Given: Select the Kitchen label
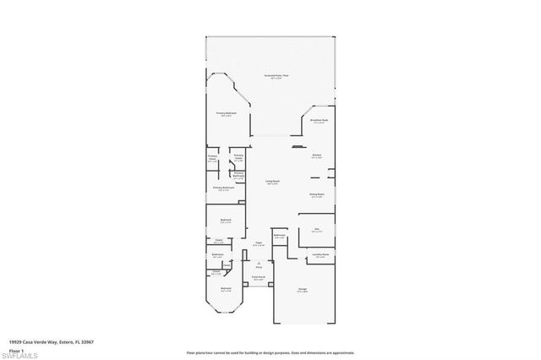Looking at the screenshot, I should pos(317,155).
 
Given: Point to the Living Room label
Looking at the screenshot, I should pos(273,182).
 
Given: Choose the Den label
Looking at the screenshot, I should pos(317,228).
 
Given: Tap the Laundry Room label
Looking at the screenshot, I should pos(320,255).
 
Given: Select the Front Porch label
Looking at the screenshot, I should pos(259,277).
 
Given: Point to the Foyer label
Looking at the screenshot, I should pos(259,244).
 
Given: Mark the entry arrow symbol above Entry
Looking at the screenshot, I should pos(259,263).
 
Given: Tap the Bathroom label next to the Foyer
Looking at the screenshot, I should pos(280,236).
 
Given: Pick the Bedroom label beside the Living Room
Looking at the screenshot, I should pos(226,221).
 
